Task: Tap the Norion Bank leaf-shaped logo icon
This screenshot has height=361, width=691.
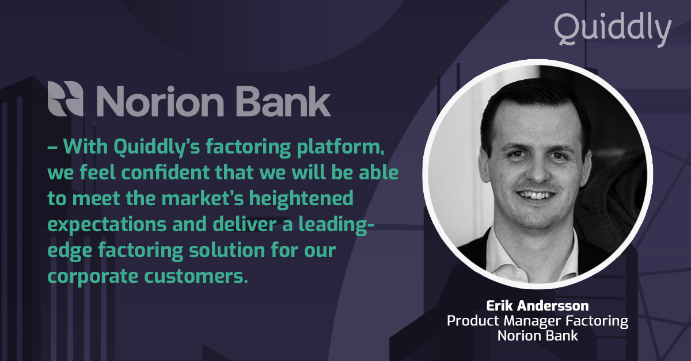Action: coord(67,99)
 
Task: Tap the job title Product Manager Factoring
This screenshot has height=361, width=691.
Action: coord(537,320)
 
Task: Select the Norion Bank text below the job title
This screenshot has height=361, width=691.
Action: coord(537,335)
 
